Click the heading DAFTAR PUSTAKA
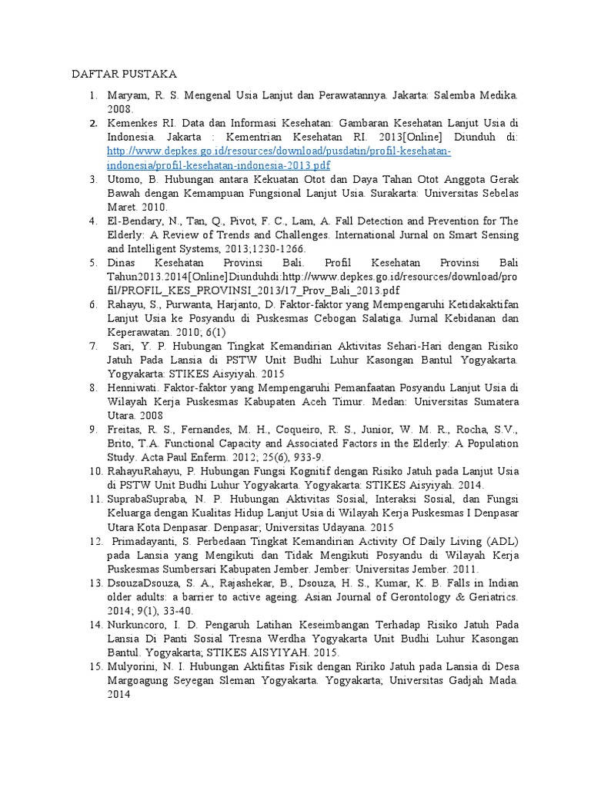(x=124, y=75)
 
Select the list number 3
(x=92, y=179)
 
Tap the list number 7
(x=92, y=346)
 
